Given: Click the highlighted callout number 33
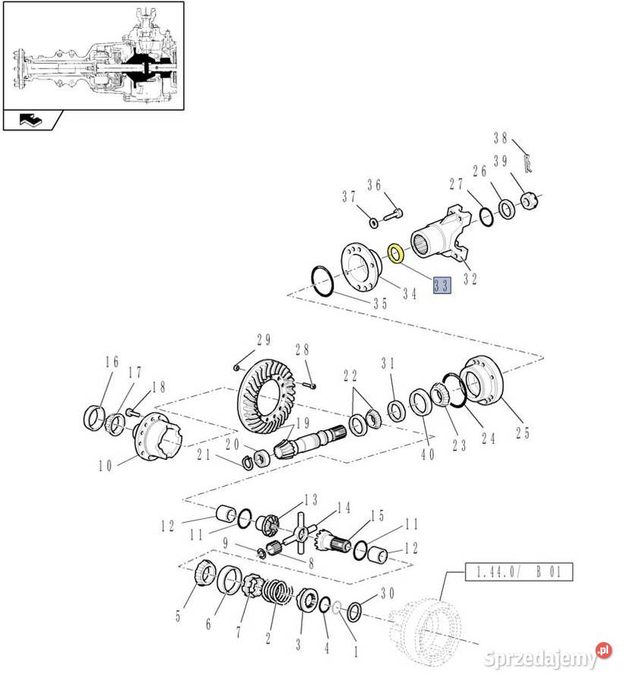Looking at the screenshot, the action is click(x=442, y=286).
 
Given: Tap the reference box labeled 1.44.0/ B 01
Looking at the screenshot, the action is click(x=519, y=572).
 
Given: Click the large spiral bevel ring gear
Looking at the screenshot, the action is click(x=267, y=396).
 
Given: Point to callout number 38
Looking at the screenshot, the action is click(x=501, y=138).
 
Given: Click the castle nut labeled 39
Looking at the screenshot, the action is click(x=529, y=201).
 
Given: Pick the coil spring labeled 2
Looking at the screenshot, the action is click(x=279, y=591).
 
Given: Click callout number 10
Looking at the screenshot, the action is click(x=106, y=465).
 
